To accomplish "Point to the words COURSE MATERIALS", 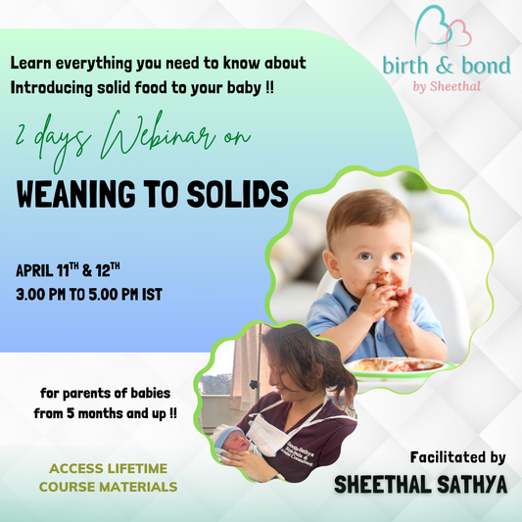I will tap(107, 485).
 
